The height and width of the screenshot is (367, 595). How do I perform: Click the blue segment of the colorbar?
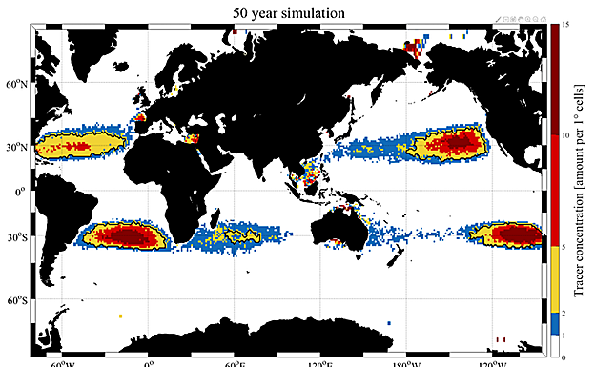(554, 323)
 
